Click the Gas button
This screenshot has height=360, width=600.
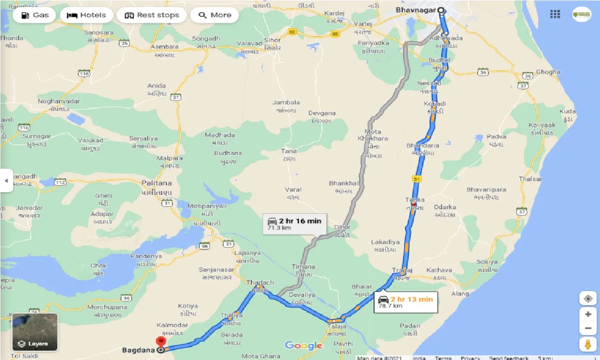tap(34, 15)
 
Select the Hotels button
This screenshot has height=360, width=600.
tap(86, 15)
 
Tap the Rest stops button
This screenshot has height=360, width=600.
tap(151, 15)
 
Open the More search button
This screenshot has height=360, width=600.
tap(215, 15)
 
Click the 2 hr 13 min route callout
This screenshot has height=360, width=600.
tap(406, 302)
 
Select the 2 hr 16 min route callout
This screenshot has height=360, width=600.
tap(294, 224)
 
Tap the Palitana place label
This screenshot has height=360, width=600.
tap(157, 183)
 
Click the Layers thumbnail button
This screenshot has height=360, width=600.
tap(35, 332)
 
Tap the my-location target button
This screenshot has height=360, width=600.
tap(587, 298)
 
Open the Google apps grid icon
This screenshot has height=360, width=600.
tap(555, 15)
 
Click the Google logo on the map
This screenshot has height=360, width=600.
tap(303, 346)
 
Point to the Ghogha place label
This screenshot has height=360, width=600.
tap(548, 72)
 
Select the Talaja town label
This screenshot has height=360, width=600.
tap(337, 326)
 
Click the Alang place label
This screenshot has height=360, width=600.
tap(460, 294)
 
